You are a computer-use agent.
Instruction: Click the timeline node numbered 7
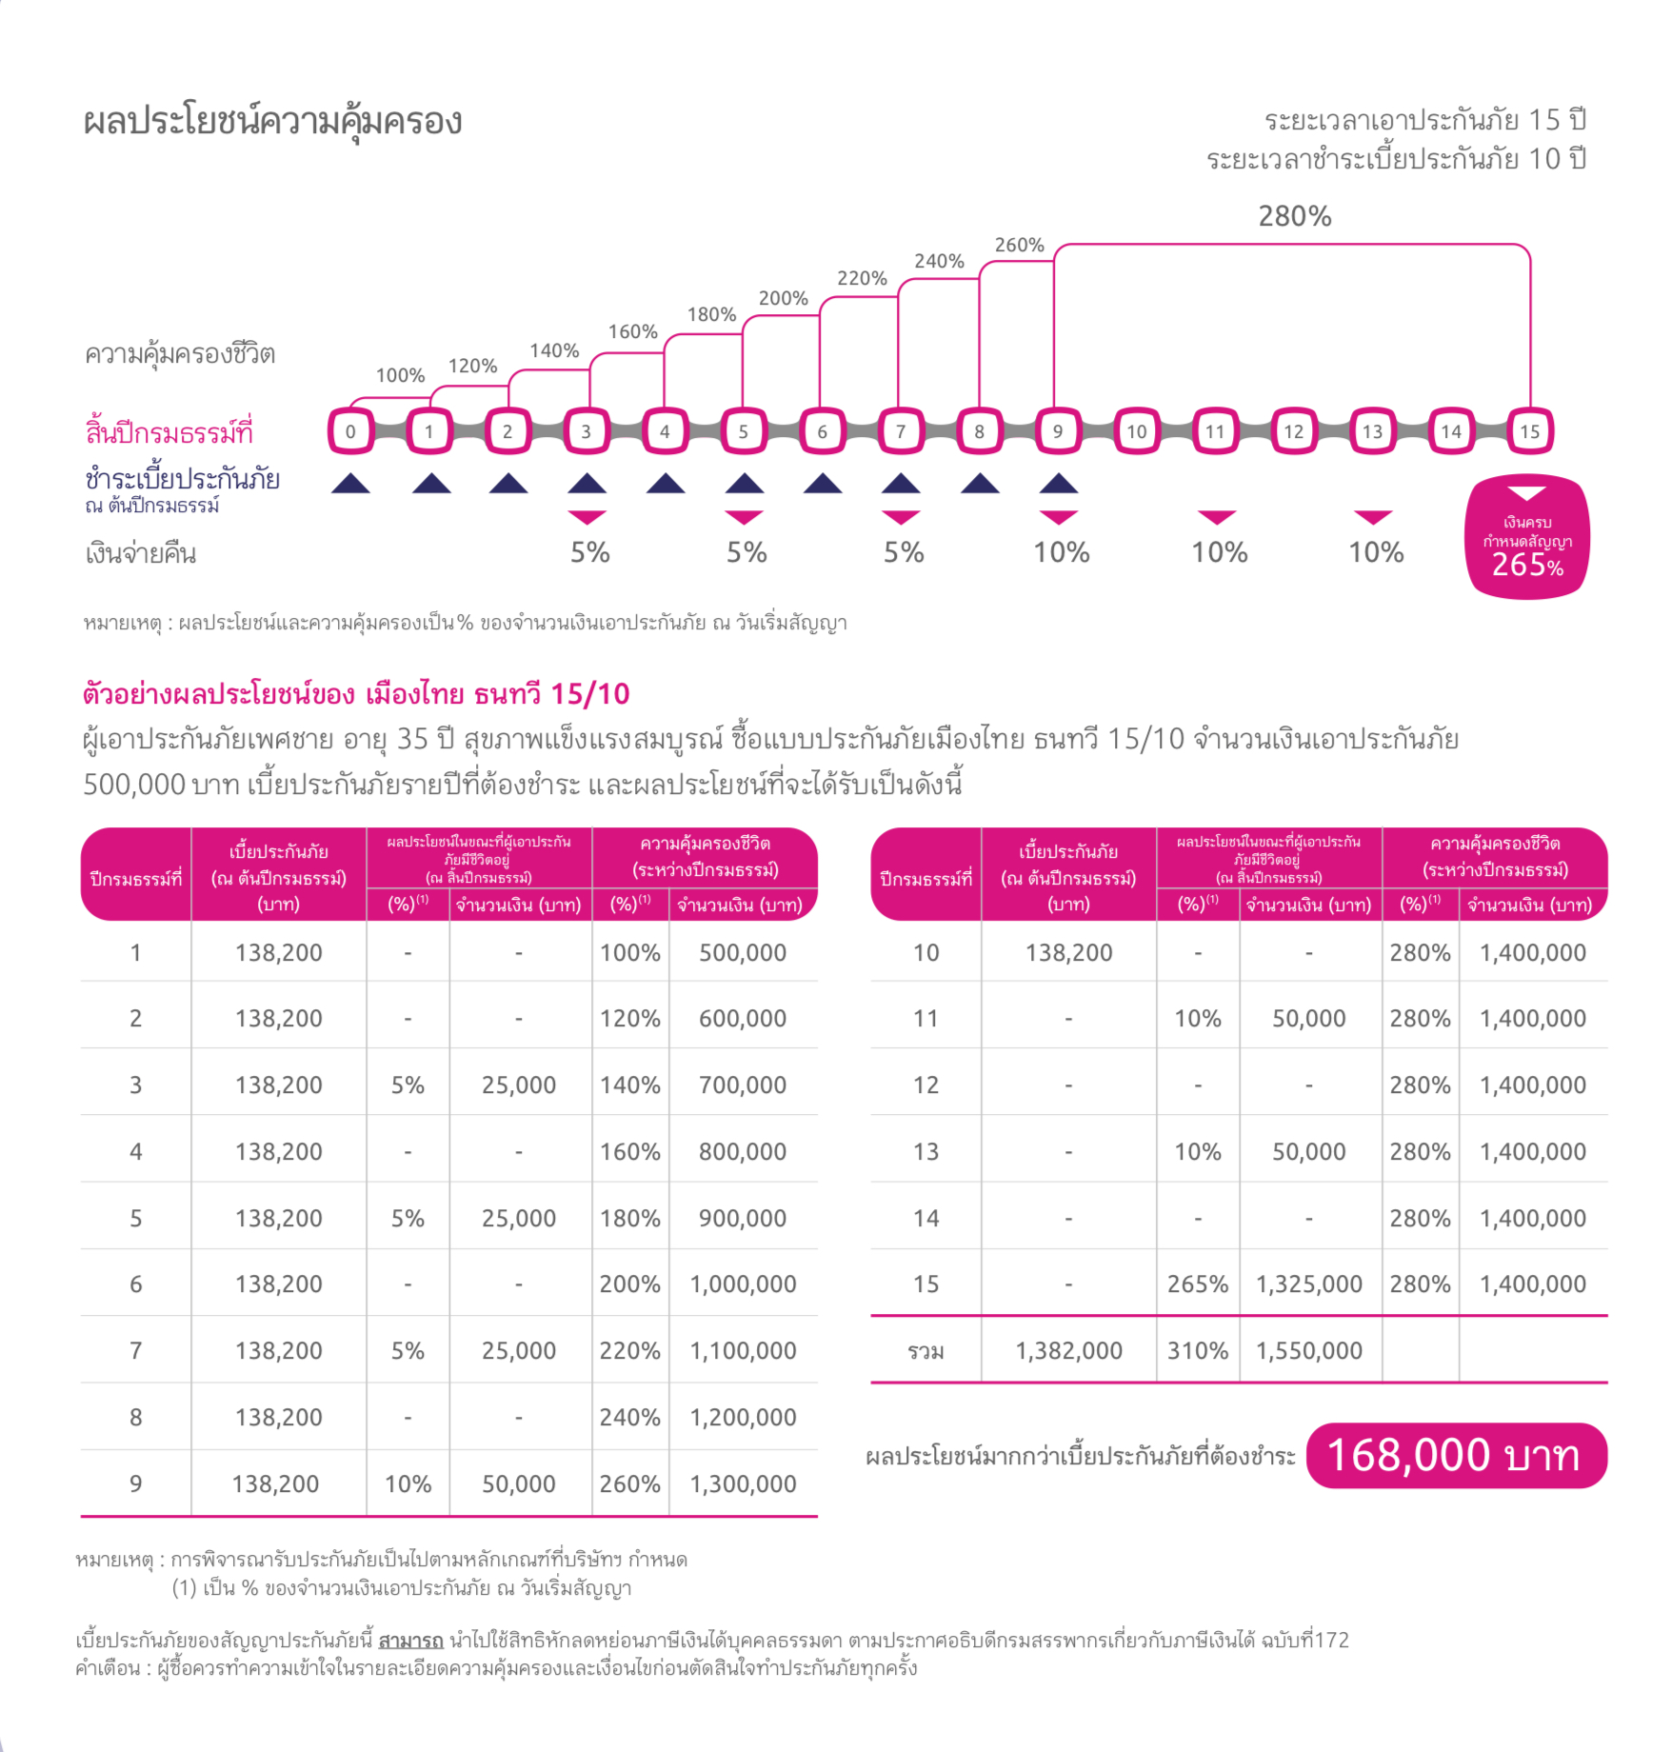coord(900,431)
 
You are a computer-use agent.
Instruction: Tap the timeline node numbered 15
coord(1529,431)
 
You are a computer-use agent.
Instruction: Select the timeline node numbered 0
coord(350,431)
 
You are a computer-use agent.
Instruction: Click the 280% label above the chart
coord(1294,217)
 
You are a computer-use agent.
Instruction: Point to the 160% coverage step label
coord(633,331)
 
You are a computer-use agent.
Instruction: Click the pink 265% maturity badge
coord(1527,537)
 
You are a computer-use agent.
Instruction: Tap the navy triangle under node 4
coord(666,484)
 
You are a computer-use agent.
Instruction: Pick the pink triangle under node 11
coord(1217,517)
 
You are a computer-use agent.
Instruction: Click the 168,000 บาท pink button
coord(1456,1455)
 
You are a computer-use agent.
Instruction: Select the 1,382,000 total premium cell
coord(1068,1350)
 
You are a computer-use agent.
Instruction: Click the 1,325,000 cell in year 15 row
coord(1309,1284)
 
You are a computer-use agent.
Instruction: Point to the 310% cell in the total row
coord(1198,1350)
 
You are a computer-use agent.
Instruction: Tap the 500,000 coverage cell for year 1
coord(743,952)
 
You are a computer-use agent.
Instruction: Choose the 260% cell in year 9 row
coord(629,1483)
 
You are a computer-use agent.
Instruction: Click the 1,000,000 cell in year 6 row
coord(743,1284)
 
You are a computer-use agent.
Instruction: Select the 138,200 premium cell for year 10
coord(1068,952)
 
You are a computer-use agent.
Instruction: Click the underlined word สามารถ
coord(411,1640)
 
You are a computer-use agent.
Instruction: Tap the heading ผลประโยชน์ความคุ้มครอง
coord(272,122)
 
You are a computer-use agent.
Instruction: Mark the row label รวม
coord(926,1350)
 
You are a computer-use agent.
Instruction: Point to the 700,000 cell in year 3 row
coord(743,1085)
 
